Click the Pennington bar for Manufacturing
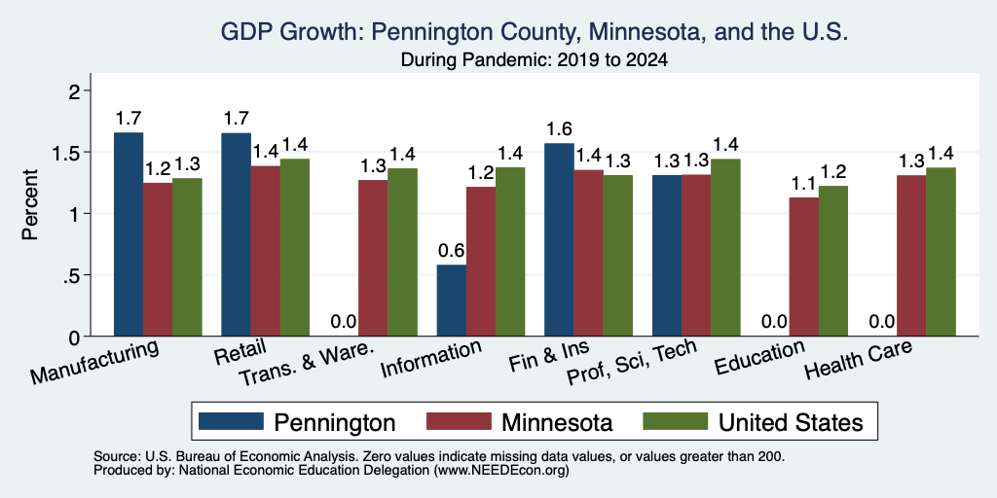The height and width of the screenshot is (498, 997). tap(129, 234)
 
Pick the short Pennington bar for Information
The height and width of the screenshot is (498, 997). tap(452, 301)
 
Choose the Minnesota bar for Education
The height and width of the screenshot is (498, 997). tap(803, 267)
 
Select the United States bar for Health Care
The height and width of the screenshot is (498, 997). tap(941, 252)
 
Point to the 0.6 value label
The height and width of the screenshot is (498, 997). tap(452, 251)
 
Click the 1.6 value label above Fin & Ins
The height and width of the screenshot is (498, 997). tap(559, 129)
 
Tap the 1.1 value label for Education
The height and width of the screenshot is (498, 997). tap(803, 184)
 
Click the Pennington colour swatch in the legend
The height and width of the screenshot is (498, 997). tap(231, 421)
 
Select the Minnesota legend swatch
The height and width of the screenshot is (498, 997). tap(460, 421)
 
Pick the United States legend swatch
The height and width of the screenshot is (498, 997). tap(676, 421)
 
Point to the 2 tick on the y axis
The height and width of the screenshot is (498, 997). tap(76, 91)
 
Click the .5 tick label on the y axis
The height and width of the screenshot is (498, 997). tap(74, 275)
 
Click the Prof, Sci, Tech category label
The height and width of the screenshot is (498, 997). tap(633, 364)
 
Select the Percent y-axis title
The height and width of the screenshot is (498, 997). tap(30, 204)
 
